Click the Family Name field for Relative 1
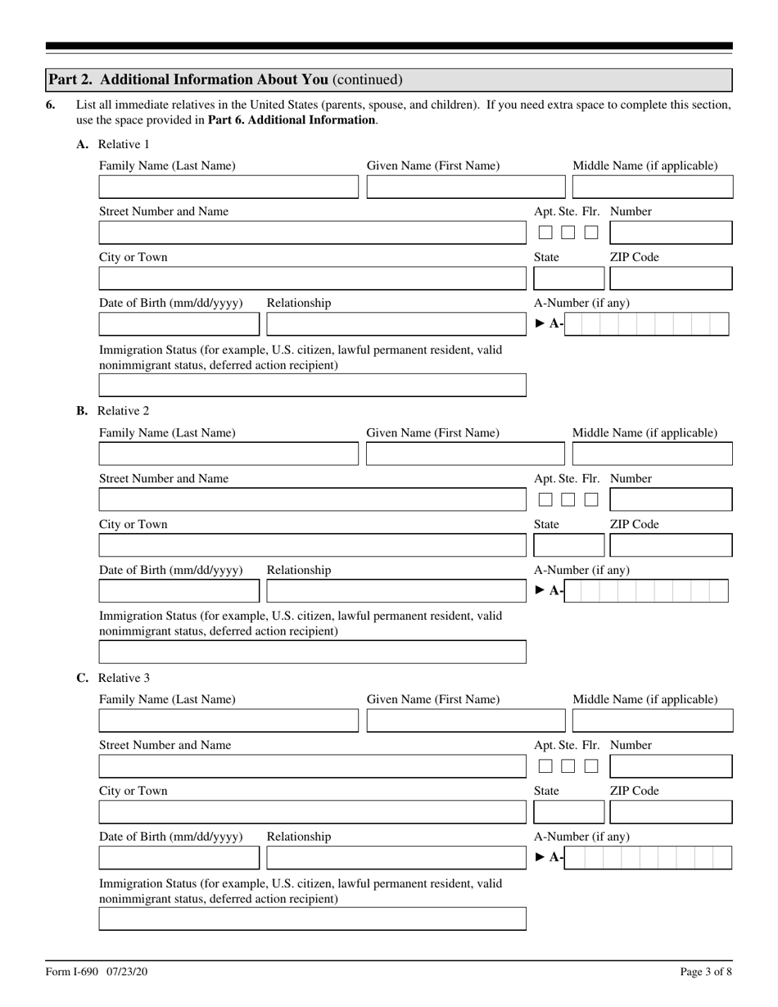[x=228, y=187]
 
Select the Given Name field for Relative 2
[x=465, y=454]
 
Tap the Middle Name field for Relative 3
[x=652, y=721]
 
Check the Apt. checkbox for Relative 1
[x=545, y=233]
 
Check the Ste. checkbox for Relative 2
[x=568, y=499]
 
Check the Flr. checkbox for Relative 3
[x=591, y=766]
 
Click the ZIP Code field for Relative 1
[x=671, y=278]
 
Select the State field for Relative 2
[x=568, y=545]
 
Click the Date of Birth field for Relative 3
[x=179, y=858]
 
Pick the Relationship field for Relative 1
[x=396, y=324]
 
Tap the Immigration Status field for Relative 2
[x=312, y=652]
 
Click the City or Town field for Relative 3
[x=312, y=812]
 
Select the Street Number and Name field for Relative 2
[x=312, y=499]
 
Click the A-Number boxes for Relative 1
[x=646, y=324]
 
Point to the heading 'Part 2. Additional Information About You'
[x=225, y=79]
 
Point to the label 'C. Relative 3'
[x=113, y=678]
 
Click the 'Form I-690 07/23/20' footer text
[x=97, y=973]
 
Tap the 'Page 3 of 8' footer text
[x=706, y=973]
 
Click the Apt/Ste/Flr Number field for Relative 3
[x=671, y=766]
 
